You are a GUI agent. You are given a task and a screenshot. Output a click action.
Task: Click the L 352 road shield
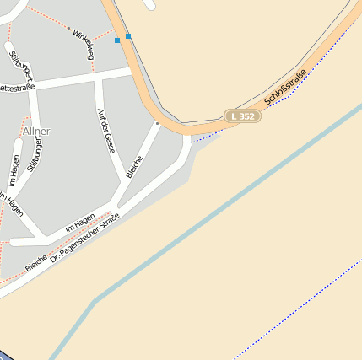242,116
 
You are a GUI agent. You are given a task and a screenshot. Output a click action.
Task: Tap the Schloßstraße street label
284,89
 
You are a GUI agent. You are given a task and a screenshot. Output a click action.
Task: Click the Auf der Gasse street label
105,131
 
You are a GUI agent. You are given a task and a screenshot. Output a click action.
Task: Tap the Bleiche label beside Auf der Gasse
134,167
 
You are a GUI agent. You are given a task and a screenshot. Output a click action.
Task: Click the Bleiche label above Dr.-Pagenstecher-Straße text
35,262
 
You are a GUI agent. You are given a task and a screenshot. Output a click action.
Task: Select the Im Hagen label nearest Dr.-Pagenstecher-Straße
80,223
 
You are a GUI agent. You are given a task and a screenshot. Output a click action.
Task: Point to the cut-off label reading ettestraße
16,87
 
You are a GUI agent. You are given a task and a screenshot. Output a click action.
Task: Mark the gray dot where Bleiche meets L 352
157,123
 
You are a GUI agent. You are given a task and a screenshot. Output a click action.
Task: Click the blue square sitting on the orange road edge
128,36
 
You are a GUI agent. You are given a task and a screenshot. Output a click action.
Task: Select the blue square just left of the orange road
117,40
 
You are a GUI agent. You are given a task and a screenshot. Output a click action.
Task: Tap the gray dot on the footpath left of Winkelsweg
68,28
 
